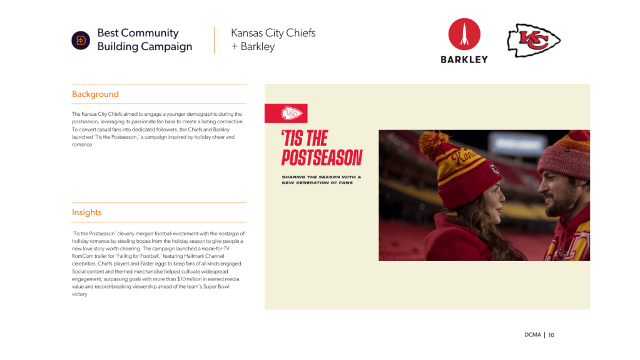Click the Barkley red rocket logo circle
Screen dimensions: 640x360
pos(464,34)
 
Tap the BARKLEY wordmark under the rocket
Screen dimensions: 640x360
pos(464,59)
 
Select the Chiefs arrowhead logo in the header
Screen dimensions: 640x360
pos(534,40)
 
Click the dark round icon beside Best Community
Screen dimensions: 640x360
pos(81,41)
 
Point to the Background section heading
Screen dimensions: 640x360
pos(95,94)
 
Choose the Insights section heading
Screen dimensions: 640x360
pos(86,212)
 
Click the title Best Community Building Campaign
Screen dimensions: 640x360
pos(145,39)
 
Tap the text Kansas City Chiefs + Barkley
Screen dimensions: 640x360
pos(273,39)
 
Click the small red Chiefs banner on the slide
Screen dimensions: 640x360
pos(286,113)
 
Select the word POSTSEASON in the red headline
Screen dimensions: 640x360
pos(322,158)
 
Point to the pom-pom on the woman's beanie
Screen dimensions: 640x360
pos(434,144)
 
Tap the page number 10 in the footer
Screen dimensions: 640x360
pos(551,335)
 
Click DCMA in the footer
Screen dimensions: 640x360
pos(532,335)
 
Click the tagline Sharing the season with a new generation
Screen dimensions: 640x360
pos(321,180)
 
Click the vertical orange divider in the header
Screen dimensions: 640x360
pos(215,40)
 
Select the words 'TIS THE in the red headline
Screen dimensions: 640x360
pos(305,138)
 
